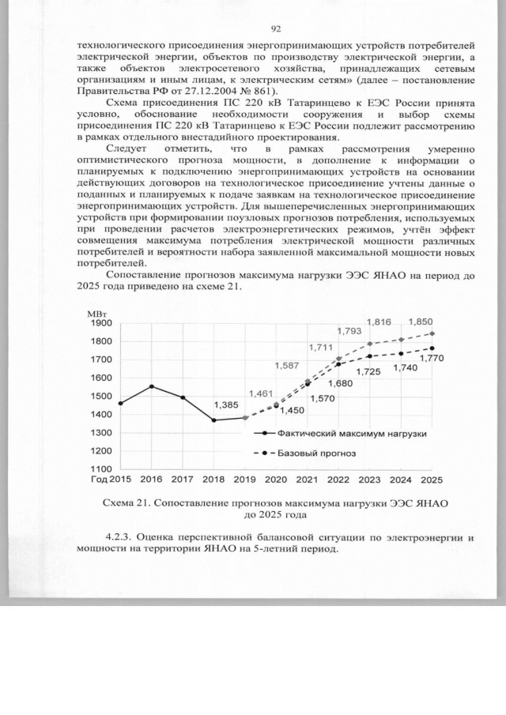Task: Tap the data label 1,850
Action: (420, 322)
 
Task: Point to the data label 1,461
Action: (262, 393)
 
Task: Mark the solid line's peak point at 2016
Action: (151, 386)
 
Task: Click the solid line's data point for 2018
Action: (213, 420)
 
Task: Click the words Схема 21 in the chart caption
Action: (129, 502)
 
